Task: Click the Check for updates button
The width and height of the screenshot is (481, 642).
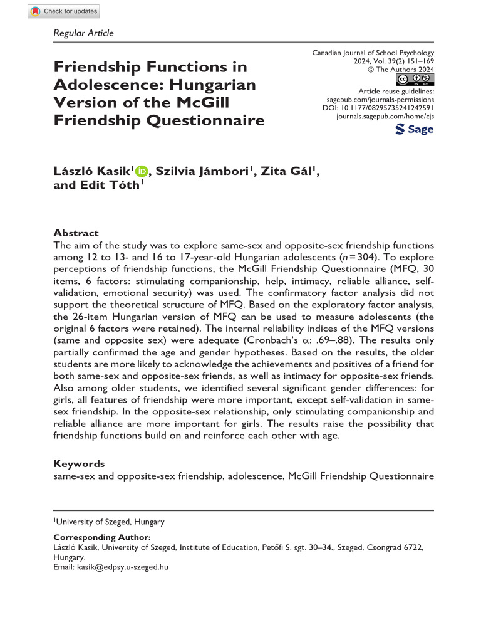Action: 64,11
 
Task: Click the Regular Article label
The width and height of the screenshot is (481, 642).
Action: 83,33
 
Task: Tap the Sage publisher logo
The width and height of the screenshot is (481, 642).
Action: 415,129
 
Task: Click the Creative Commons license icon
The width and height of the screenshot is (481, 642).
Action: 415,80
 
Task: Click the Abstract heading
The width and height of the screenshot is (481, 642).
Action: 76,232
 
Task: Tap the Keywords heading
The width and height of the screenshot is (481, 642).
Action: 79,464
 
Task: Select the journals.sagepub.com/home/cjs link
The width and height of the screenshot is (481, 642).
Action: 385,117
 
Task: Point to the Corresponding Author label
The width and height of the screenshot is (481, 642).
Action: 102,537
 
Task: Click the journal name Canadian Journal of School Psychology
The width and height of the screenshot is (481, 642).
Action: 373,53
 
